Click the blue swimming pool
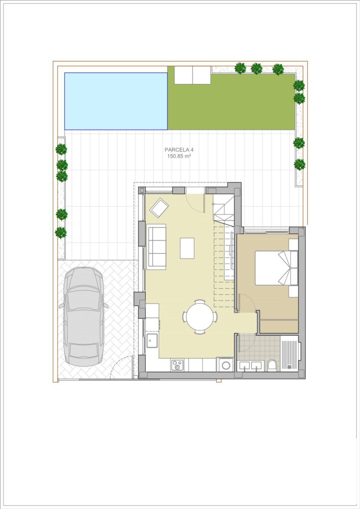coord(116,101)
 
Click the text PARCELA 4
coord(179,150)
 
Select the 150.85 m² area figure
coord(179,156)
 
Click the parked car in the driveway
coord(83,317)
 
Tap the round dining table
coord(200,317)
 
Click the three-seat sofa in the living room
coord(156,247)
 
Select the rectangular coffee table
coord(187,248)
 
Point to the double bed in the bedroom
coord(276,268)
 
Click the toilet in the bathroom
coord(272,365)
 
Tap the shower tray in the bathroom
coord(288,352)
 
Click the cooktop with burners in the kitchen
coord(178,364)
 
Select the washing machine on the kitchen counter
coord(225,364)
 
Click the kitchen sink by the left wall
coord(152,341)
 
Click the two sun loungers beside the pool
coord(193,75)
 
